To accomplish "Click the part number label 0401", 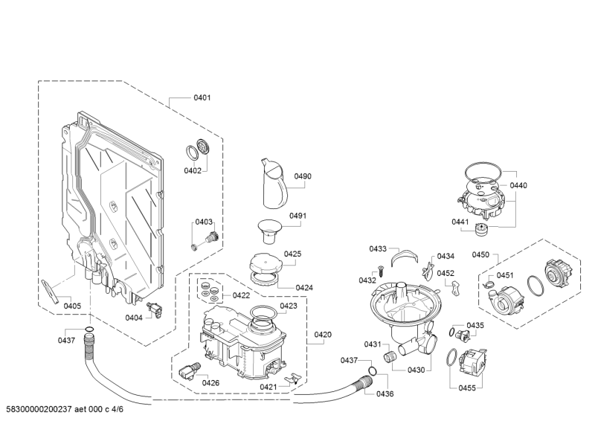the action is [202, 97].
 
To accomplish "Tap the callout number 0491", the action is [297, 216].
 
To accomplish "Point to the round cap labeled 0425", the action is [266, 263].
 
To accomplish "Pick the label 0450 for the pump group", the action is [480, 254].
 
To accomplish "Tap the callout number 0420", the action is [323, 335].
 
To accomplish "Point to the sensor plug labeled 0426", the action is [189, 370].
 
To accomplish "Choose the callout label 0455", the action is [467, 388].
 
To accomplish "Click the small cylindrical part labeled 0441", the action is [481, 230].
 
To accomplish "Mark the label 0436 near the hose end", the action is [385, 393].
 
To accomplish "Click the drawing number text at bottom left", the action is [65, 409].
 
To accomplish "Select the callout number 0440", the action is [518, 185].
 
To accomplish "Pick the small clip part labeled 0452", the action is [456, 287].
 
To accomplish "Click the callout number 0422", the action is [241, 295].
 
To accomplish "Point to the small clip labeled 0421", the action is [292, 379].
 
